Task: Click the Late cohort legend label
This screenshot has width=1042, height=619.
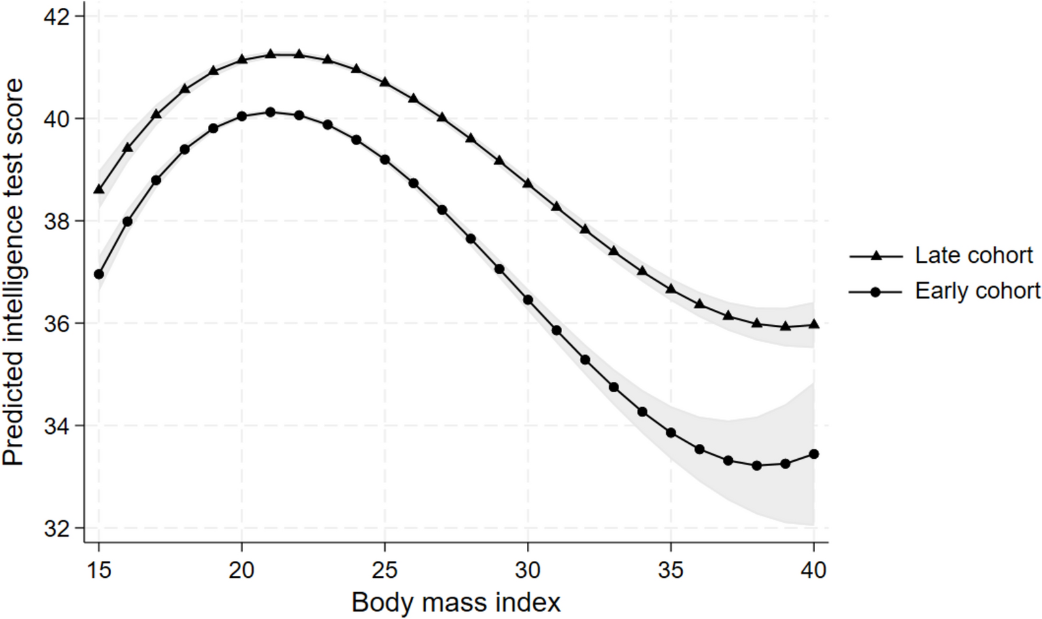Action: coord(973,255)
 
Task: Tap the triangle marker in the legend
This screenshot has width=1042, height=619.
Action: coord(876,256)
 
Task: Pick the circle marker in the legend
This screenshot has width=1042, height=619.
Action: coord(876,292)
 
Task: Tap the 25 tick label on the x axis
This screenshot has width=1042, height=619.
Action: coord(384,570)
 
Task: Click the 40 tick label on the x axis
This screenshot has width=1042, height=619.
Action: coord(813,570)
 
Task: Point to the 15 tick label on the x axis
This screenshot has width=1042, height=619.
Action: coord(99,570)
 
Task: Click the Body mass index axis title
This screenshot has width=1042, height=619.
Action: coord(456,602)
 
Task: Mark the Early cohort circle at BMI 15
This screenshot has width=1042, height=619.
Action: coord(99,274)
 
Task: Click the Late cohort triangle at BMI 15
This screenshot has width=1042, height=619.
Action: coord(99,189)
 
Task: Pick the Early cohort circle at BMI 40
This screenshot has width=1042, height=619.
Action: coord(814,454)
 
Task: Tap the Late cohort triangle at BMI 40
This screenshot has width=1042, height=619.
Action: coord(814,324)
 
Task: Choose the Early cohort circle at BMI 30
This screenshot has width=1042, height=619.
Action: coord(528,300)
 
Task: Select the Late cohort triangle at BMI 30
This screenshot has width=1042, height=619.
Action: coord(528,184)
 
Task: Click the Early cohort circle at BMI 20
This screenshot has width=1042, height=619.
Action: coord(242,116)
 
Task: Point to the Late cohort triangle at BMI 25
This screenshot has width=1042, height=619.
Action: coord(385,82)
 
